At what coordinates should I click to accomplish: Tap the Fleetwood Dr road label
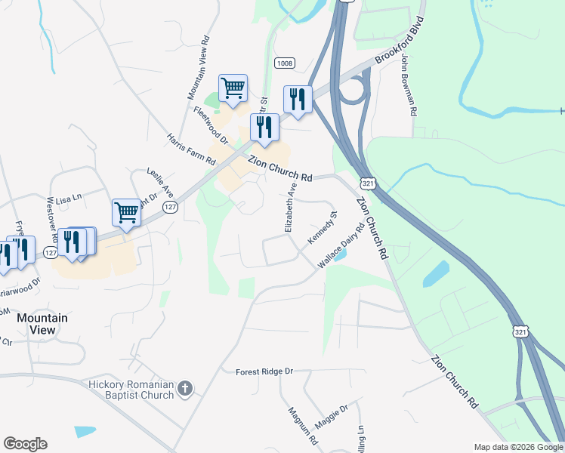click(211, 125)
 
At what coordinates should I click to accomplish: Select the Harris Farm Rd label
click(191, 149)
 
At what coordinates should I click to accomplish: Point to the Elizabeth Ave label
click(290, 205)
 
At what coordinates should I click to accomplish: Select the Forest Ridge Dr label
click(264, 371)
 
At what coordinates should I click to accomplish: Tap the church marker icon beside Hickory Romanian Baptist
click(185, 390)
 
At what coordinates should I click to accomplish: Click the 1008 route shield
click(284, 63)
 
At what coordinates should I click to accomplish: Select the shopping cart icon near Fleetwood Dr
click(233, 88)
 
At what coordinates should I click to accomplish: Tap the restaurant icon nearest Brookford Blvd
click(298, 99)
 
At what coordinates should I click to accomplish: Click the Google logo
click(25, 444)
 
